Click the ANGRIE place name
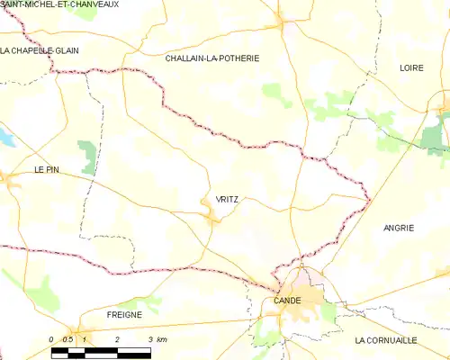(x=398, y=228)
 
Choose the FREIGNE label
(x=124, y=314)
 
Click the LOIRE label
(x=411, y=67)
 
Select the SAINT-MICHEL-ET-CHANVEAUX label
(x=60, y=5)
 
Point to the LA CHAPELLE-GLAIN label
(x=40, y=50)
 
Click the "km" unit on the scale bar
(x=161, y=339)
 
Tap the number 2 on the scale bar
(x=118, y=339)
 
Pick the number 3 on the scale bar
(x=148, y=339)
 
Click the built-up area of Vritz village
(x=211, y=216)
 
